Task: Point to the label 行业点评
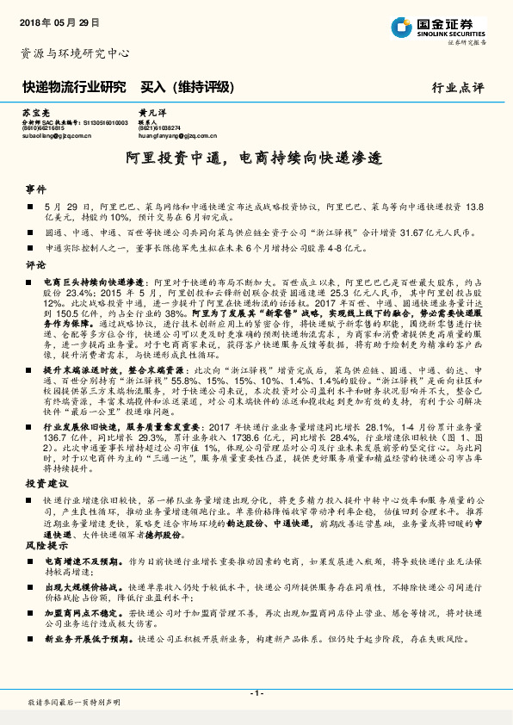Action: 458,87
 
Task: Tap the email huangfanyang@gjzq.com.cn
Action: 178,136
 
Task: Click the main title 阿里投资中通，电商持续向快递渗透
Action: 256,158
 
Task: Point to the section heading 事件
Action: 35,188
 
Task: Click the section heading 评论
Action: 35,265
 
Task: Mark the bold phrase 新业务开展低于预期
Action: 89,640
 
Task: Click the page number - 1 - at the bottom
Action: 256,693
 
